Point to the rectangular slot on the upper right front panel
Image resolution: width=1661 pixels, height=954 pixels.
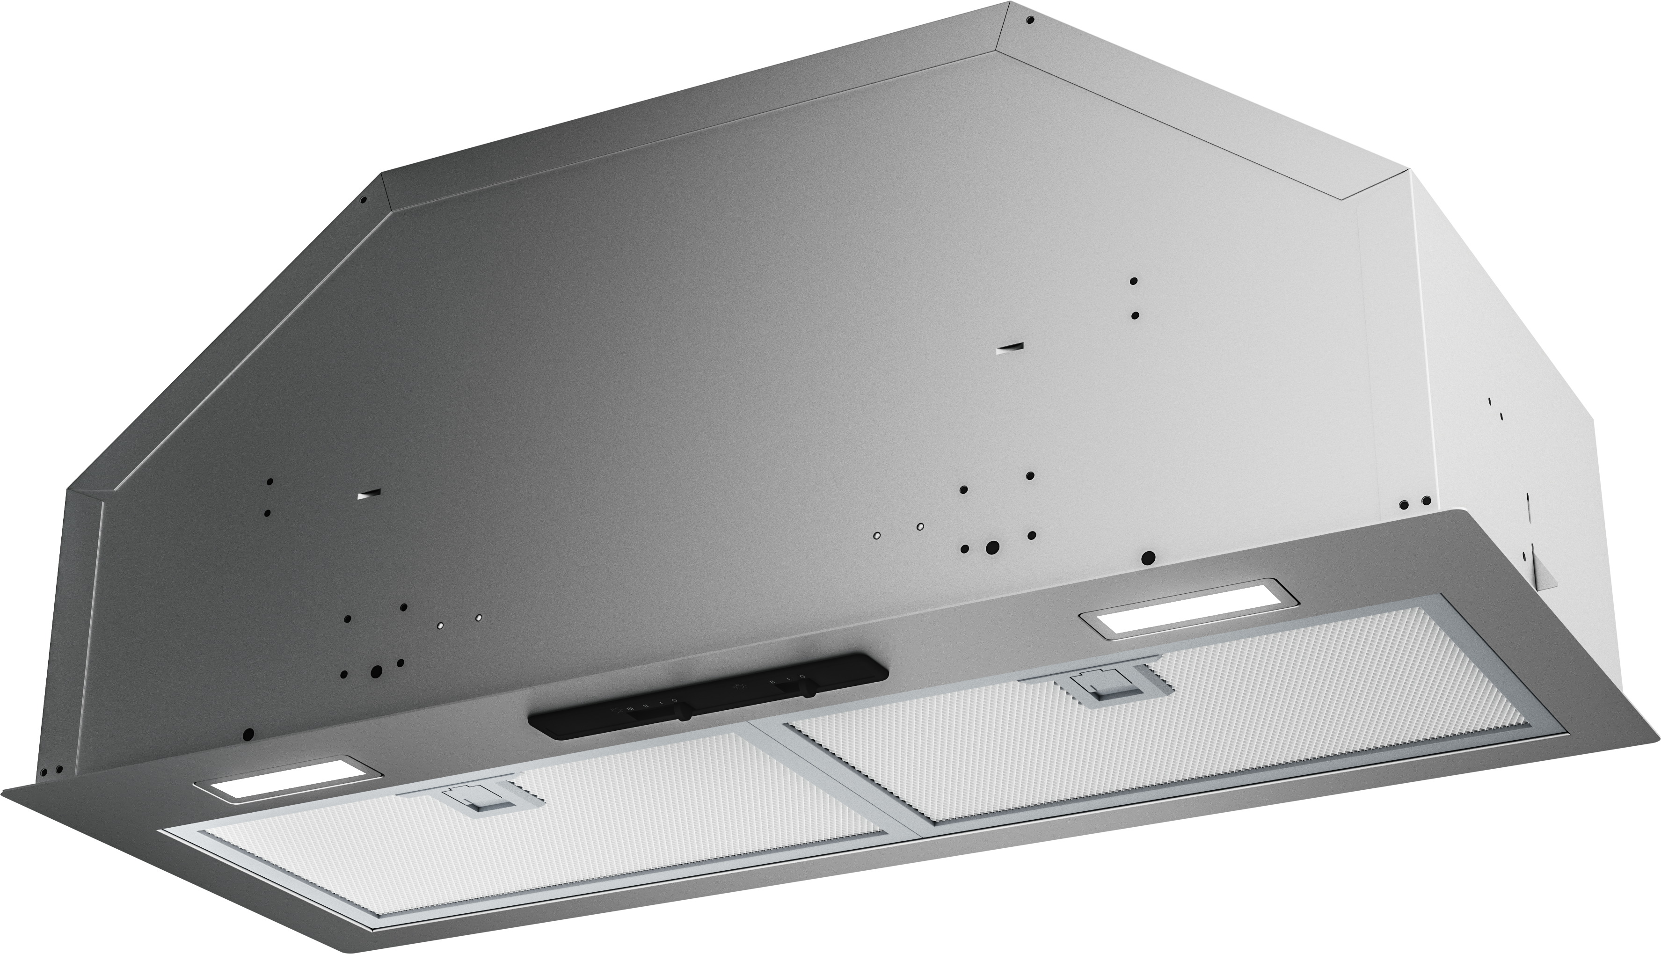[1010, 349]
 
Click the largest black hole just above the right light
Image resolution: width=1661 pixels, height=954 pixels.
[1148, 558]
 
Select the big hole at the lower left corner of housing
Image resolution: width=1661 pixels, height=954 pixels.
[248, 734]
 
